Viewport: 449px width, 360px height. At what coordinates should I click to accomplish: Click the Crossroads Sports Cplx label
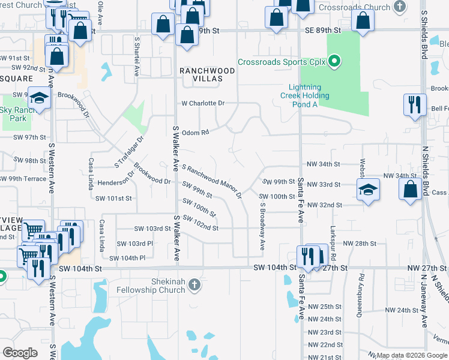coord(284,62)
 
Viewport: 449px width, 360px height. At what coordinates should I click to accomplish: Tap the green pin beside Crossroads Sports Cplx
coord(336,62)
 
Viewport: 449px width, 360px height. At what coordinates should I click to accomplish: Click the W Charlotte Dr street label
coord(203,103)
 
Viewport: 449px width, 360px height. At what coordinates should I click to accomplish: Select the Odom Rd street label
coord(195,133)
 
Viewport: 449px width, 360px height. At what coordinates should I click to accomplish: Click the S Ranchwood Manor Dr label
coord(211,182)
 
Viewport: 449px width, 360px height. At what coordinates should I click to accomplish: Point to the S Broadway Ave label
coord(262,226)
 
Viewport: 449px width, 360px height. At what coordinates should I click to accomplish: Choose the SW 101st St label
coord(113,197)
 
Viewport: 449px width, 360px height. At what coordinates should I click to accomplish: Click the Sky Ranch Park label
coord(14,113)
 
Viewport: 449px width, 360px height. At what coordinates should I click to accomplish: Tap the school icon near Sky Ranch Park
coord(39,98)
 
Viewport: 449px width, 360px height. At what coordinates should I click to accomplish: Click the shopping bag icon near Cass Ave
coord(411,189)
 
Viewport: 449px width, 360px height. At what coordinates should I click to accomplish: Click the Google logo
coord(20,353)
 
